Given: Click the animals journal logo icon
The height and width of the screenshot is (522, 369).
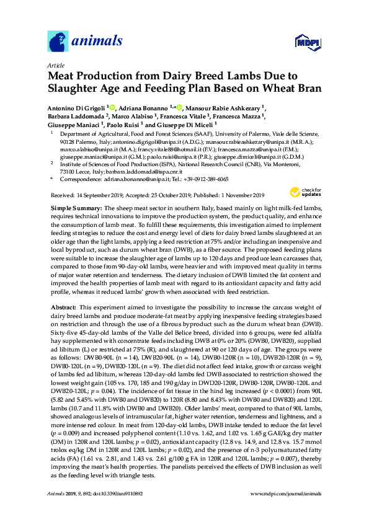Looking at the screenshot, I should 58,41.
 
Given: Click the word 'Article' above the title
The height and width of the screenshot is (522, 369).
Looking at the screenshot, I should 56,65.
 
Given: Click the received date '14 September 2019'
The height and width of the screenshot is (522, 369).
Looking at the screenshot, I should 100,194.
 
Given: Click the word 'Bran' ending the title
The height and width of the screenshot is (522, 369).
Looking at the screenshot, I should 303,89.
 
